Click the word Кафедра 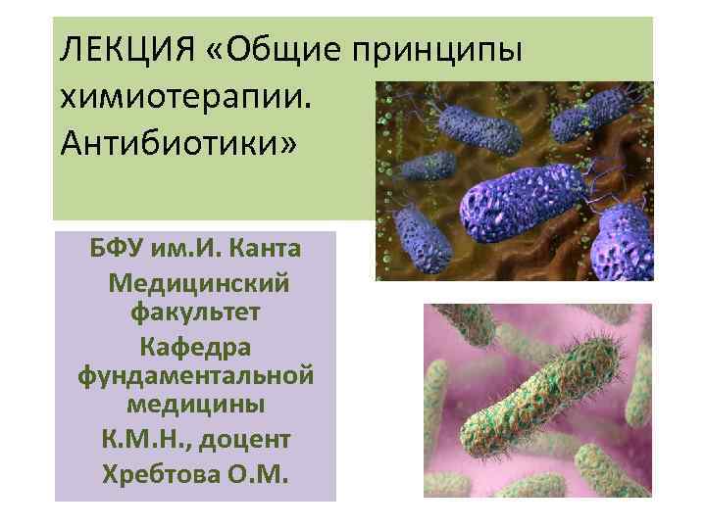(195, 346)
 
